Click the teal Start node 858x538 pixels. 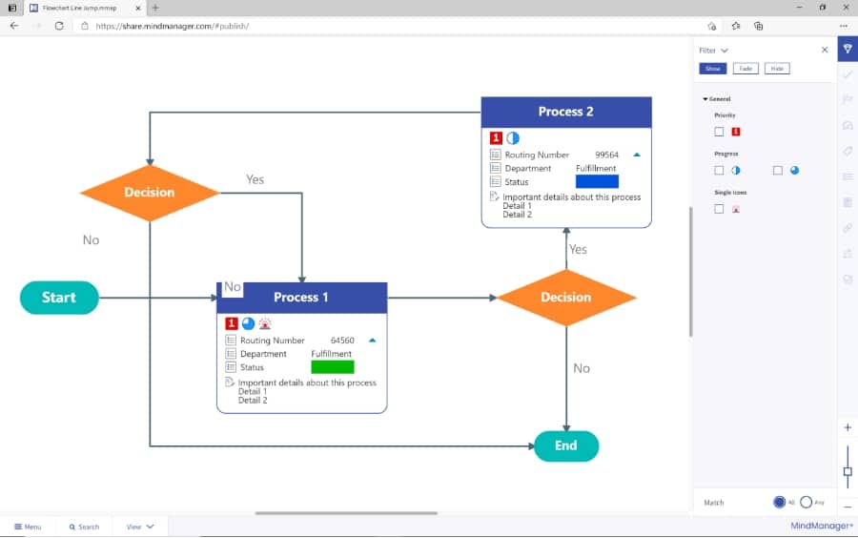point(59,298)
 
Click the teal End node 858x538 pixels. point(566,445)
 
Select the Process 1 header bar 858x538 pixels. point(302,298)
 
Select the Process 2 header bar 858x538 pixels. point(566,112)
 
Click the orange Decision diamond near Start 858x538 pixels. point(150,193)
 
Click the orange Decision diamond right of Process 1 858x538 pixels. point(566,298)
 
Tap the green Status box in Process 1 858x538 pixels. point(333,367)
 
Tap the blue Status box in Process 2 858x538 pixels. point(597,181)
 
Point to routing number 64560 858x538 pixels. point(342,341)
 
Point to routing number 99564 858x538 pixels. point(607,155)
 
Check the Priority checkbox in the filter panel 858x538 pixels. point(720,132)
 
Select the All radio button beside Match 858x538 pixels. point(780,502)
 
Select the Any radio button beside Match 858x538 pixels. point(807,502)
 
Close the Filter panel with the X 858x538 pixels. point(825,50)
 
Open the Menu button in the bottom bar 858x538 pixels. point(28,527)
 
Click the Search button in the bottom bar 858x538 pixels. point(84,527)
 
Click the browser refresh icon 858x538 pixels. point(59,26)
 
